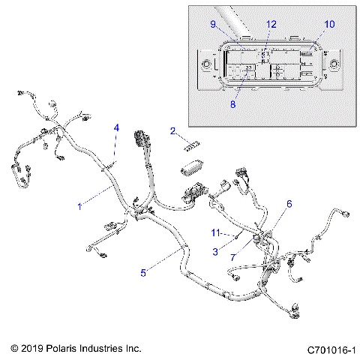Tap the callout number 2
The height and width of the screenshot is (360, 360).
coord(173,132)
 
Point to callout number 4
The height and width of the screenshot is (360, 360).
coord(116,128)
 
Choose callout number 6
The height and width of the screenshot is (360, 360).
coord(289,204)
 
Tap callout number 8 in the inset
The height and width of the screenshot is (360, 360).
coord(232,105)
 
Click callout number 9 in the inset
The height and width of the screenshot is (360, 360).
coord(214,25)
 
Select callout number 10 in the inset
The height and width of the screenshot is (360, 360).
coord(328,25)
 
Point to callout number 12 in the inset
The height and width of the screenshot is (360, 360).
coord(271,25)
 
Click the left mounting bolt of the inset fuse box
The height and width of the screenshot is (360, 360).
coord(206,64)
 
